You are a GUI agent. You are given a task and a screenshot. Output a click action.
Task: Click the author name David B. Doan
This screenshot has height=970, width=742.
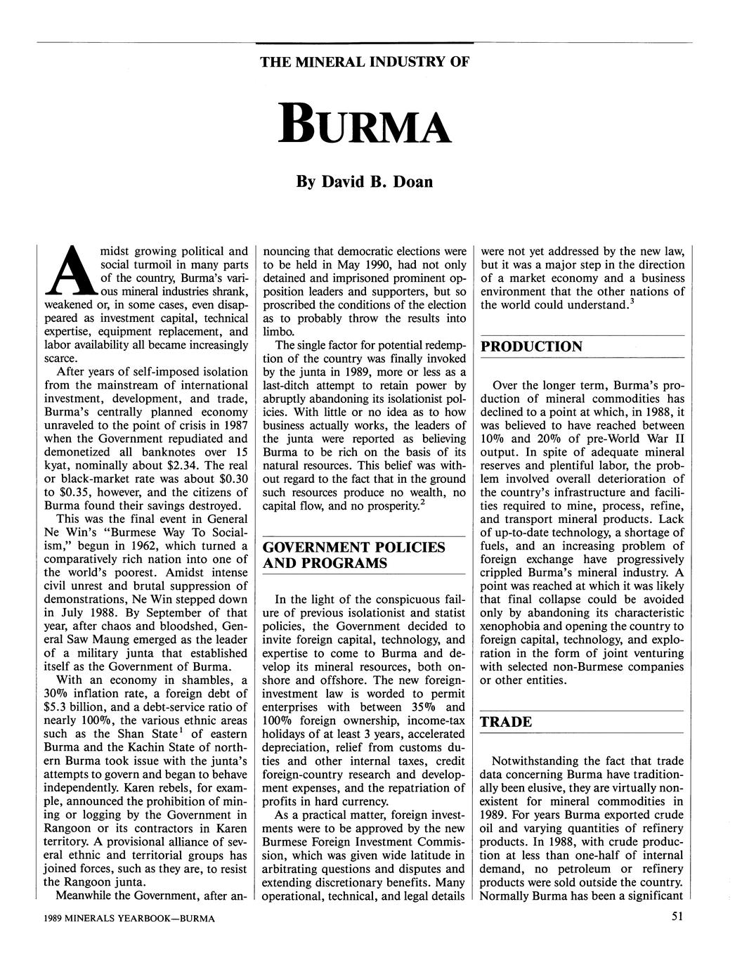coord(365,181)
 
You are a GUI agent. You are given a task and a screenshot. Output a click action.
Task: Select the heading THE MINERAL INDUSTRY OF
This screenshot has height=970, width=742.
coord(364,62)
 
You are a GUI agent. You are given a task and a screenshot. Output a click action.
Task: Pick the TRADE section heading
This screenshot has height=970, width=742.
coord(506,722)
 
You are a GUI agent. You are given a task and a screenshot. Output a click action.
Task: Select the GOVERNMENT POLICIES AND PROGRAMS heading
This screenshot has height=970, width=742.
coord(353,555)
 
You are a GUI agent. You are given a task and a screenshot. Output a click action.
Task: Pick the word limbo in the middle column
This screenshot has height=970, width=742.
coord(277,332)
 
